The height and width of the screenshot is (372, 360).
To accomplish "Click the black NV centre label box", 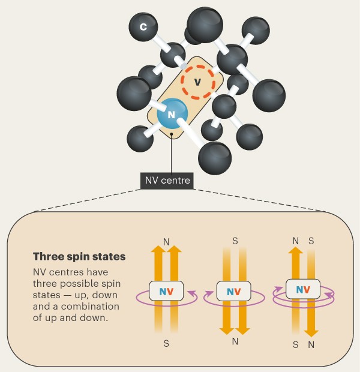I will click(x=167, y=179).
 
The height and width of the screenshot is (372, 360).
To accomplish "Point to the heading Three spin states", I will click(x=79, y=256).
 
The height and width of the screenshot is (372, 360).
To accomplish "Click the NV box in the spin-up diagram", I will click(x=166, y=291).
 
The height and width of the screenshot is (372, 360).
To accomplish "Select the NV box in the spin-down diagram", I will click(x=235, y=292).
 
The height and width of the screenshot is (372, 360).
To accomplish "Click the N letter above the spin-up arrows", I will click(x=166, y=242).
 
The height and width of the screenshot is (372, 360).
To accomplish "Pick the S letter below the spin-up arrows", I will click(x=166, y=343).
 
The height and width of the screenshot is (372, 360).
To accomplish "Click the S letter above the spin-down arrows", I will click(x=235, y=242).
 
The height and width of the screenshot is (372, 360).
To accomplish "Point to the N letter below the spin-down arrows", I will click(x=235, y=343).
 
